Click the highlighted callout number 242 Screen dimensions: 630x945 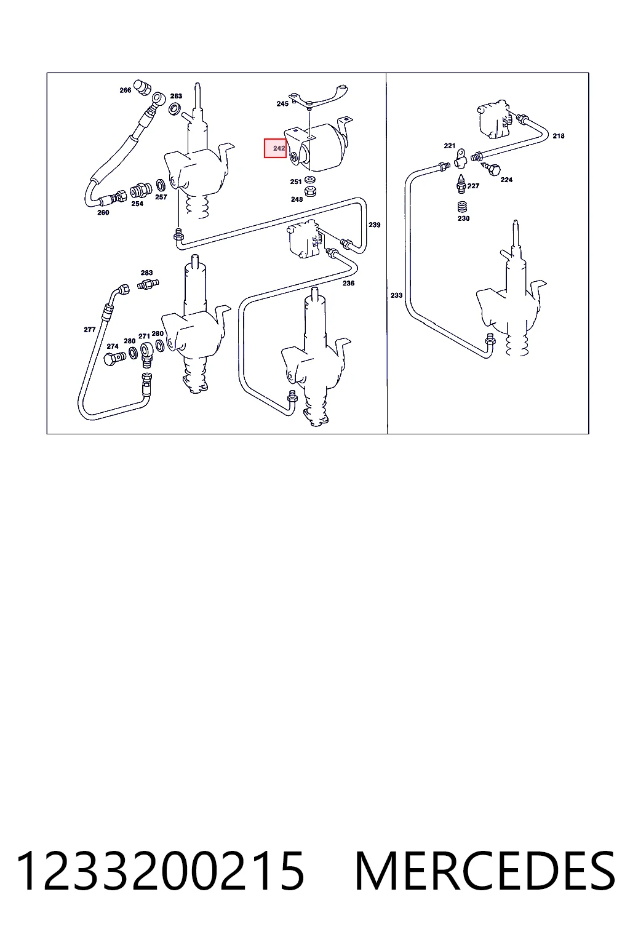click(x=279, y=148)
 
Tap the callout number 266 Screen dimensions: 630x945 click(x=126, y=90)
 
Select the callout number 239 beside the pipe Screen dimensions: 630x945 click(x=374, y=225)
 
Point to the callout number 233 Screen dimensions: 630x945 click(x=396, y=295)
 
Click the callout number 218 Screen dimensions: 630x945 click(x=558, y=136)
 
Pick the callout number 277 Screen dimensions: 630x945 click(x=89, y=330)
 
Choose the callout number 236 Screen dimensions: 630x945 click(x=348, y=283)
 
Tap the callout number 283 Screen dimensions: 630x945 click(x=147, y=273)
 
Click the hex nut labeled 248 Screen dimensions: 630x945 click(x=311, y=191)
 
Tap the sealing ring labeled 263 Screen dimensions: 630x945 click(x=174, y=109)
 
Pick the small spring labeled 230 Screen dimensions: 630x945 click(x=462, y=207)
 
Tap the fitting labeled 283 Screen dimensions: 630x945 click(x=148, y=284)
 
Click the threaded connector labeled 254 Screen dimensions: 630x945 click(x=140, y=191)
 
